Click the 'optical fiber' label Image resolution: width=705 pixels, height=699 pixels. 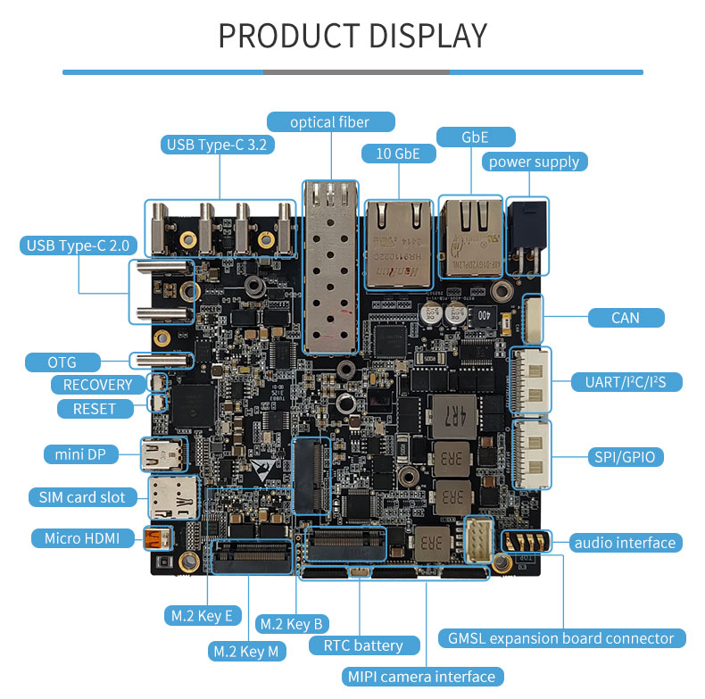click(x=329, y=122)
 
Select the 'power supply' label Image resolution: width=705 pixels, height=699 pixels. click(x=534, y=162)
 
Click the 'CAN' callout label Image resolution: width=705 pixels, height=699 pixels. click(x=626, y=317)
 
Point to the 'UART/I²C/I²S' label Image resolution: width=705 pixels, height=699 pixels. click(x=626, y=382)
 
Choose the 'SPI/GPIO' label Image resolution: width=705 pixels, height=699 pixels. click(x=625, y=456)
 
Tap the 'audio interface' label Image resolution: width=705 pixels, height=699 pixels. click(x=626, y=542)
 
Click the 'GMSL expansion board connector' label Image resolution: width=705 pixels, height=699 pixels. click(x=562, y=638)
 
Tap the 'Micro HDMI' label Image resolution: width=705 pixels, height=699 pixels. click(x=82, y=537)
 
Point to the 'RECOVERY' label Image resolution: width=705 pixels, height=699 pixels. click(x=97, y=385)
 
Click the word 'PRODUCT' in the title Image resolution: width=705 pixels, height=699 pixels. click(x=281, y=36)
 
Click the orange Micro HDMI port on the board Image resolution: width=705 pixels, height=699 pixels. click(x=157, y=539)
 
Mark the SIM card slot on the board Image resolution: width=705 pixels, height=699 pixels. click(x=171, y=498)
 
